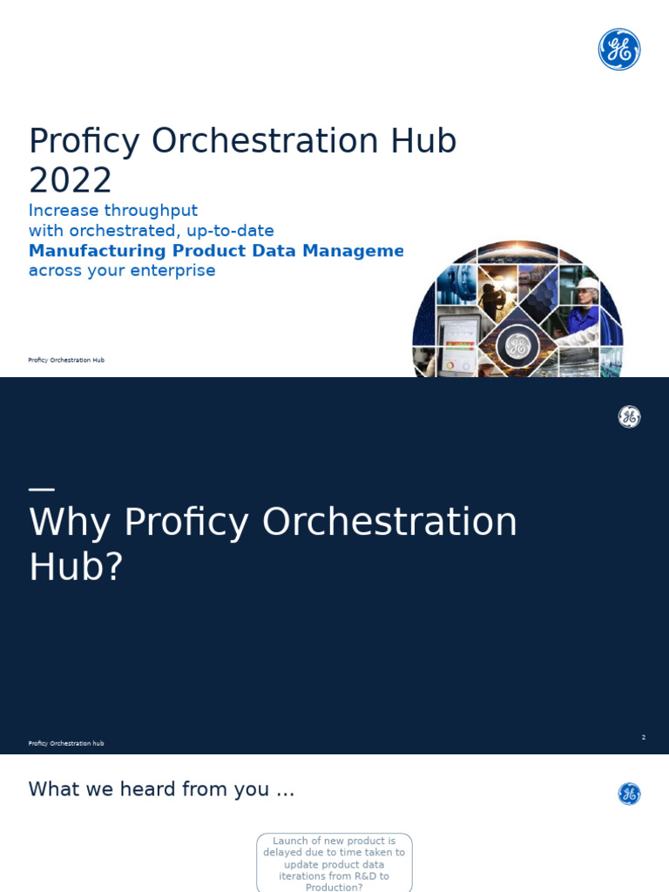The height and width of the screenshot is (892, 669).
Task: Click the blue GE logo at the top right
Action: click(x=619, y=50)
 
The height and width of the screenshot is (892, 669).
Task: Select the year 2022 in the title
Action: click(x=70, y=180)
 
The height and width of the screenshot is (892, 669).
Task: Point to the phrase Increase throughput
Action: click(x=112, y=211)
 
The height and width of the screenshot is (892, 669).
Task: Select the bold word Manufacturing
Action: click(x=97, y=251)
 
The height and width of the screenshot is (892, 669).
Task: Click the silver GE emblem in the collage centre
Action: click(x=517, y=347)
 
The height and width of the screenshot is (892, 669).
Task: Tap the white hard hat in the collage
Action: click(x=587, y=285)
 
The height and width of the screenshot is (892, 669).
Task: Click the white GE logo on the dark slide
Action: click(x=629, y=416)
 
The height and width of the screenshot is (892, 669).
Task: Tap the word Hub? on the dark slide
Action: click(x=76, y=567)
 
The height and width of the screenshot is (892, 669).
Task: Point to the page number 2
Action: click(x=644, y=738)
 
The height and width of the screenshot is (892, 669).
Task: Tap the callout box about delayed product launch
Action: click(x=334, y=862)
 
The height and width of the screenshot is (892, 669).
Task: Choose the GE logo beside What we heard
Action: click(x=629, y=794)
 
